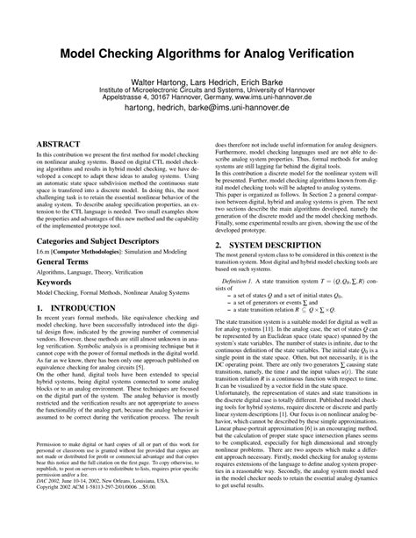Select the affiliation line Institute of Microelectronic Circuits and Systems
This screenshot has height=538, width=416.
208,89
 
